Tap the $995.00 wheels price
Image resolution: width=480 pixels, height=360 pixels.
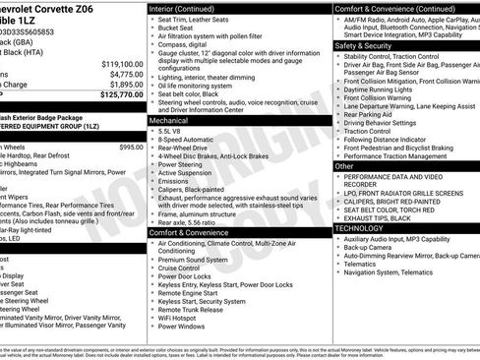tap(130, 147)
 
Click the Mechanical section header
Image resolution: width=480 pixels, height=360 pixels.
tap(170, 119)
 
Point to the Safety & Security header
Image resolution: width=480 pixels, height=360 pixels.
tap(363, 45)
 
